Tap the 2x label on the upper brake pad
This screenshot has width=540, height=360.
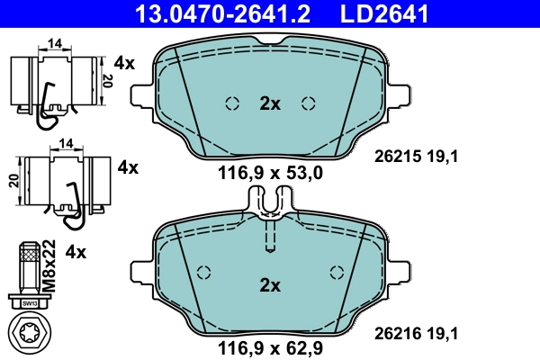coord(270,103)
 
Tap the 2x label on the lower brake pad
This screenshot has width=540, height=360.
coord(270,286)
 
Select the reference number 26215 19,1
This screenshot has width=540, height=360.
coord(417,156)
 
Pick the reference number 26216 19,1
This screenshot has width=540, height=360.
coord(417,333)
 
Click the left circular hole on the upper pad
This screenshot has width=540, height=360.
coord(231,102)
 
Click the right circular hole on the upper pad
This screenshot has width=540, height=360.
coord(309,102)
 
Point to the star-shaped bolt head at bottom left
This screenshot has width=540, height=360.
coord(30,332)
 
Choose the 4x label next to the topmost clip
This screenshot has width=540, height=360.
coord(125,63)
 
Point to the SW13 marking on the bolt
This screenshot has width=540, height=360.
coord(30,303)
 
